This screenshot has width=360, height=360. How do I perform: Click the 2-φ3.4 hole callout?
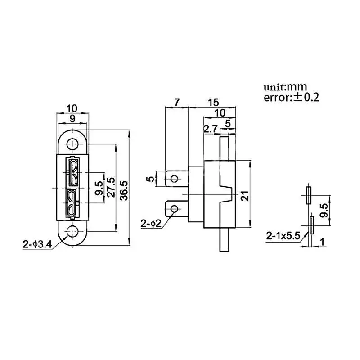(x=37, y=245)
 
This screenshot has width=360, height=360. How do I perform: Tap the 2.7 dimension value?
(x=211, y=129)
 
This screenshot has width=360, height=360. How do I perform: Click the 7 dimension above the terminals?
(x=176, y=103)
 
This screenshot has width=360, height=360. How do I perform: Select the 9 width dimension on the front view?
(x=74, y=119)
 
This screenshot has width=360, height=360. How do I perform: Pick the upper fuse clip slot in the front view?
(x=73, y=172)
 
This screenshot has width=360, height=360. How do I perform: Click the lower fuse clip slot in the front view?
(x=73, y=203)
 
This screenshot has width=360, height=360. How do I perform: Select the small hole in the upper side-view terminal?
(x=174, y=179)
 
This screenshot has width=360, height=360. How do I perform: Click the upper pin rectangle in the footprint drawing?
(x=309, y=195)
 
